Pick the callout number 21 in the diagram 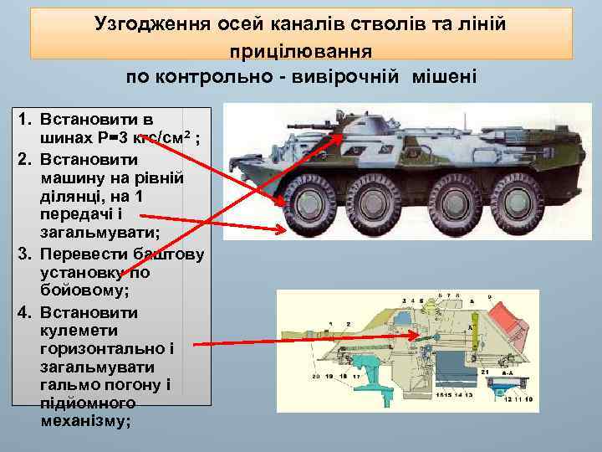484,370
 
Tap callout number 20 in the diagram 316,377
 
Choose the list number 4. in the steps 24,313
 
